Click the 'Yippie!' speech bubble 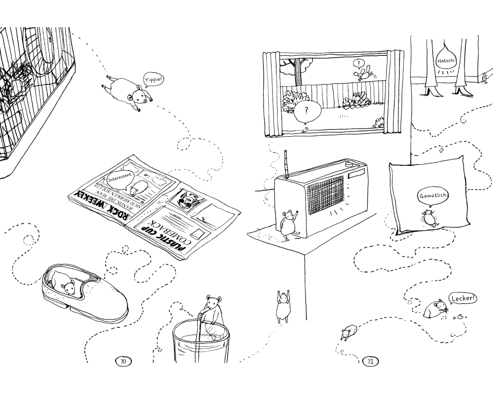click(x=152, y=80)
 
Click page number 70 click(x=123, y=361)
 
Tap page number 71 click(x=370, y=361)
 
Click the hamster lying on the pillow click(x=428, y=217)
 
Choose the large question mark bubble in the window click(x=307, y=111)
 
